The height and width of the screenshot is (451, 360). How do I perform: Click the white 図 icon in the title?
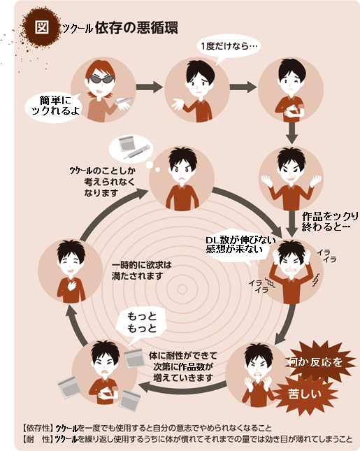[42, 27]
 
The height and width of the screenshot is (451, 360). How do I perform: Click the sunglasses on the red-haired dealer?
[100, 79]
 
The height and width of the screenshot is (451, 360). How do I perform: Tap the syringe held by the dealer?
[123, 101]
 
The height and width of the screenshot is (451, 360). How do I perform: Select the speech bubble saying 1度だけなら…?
[229, 47]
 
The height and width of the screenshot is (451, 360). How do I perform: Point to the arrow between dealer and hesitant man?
[150, 87]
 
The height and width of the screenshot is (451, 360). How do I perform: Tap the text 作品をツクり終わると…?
[330, 222]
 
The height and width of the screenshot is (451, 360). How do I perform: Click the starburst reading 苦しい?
[305, 394]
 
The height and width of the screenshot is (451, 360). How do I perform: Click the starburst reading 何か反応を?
[317, 361]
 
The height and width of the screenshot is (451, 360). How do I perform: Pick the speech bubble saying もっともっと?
[141, 323]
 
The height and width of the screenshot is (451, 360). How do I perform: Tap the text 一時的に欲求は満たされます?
[141, 271]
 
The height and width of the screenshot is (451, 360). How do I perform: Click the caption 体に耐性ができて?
[183, 355]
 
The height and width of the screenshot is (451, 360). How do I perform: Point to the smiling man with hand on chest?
[71, 271]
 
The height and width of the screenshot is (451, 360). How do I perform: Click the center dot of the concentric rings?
[182, 289]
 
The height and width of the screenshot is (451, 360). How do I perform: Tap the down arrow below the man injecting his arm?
[291, 133]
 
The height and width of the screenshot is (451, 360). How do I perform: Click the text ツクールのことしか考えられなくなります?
[103, 182]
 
